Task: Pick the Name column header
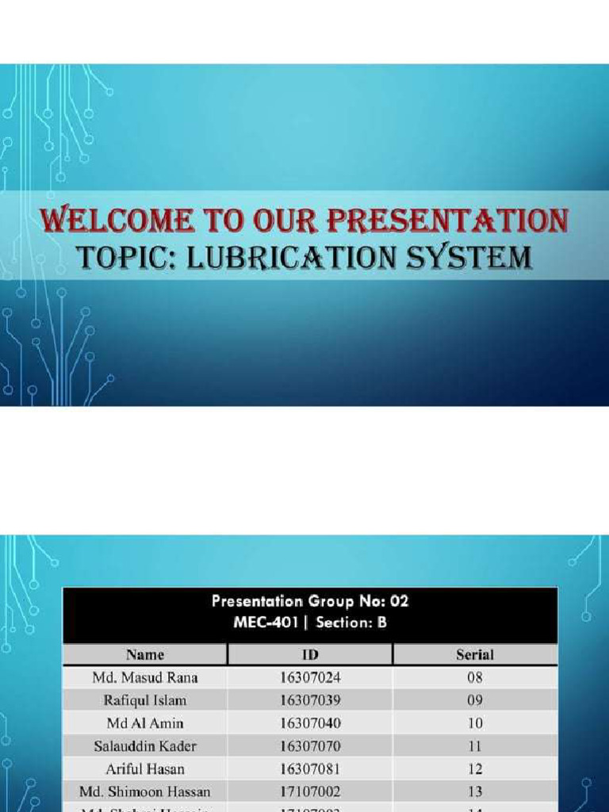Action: [145, 655]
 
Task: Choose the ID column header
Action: [310, 655]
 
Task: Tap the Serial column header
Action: [475, 655]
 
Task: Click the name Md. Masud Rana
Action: [145, 678]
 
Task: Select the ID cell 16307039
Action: [310, 701]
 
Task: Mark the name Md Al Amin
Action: [145, 723]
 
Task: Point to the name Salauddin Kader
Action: [145, 746]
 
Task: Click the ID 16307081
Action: [310, 769]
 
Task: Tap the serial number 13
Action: [475, 791]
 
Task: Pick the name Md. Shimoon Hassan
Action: [145, 791]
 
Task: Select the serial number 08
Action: [475, 678]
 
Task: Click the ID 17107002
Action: [310, 791]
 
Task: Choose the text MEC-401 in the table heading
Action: [266, 622]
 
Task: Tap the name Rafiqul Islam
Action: [145, 701]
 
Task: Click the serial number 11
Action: [475, 746]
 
